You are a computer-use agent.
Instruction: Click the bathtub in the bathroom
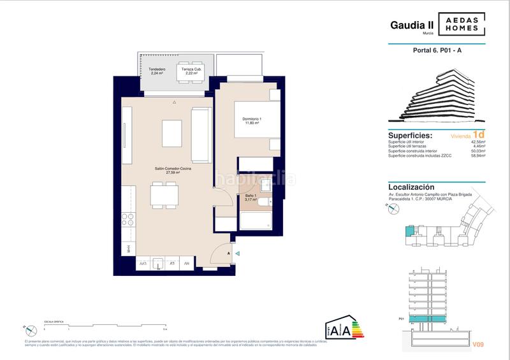tap(255, 221)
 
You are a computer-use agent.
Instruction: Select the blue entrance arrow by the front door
tap(237, 254)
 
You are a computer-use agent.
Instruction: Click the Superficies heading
tap(410, 136)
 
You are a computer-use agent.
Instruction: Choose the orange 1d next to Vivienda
tap(479, 135)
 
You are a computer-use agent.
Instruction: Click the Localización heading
tap(415, 187)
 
